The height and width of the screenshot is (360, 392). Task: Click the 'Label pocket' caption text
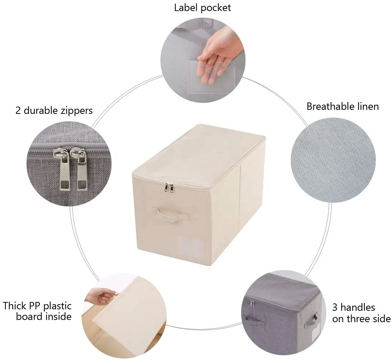pos(203,7)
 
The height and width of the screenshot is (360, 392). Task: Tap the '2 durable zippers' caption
pos(54,110)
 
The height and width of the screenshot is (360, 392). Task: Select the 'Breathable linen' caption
pos(342,107)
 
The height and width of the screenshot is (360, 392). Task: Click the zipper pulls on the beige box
pos(169,188)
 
